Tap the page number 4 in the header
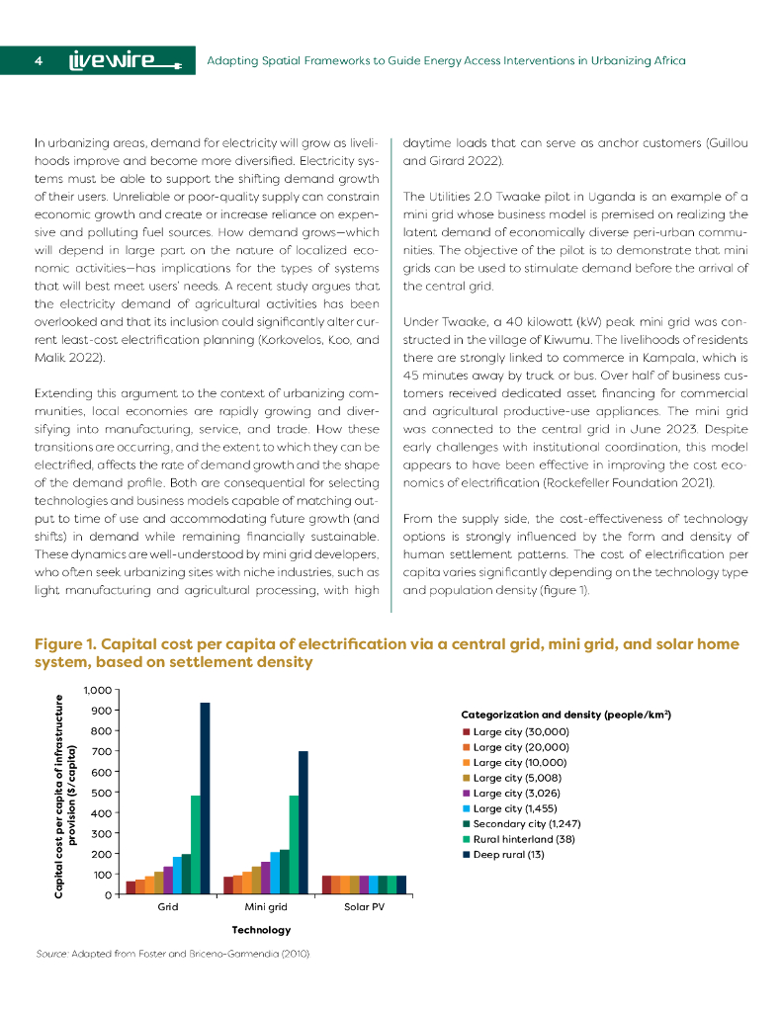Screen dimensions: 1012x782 (x=38, y=61)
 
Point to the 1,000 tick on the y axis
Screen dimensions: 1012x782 (x=98, y=690)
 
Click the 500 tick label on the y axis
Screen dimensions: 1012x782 (x=101, y=792)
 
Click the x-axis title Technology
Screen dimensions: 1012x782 (x=261, y=930)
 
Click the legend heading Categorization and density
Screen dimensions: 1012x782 (x=566, y=714)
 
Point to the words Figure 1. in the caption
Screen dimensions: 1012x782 (x=64, y=644)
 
